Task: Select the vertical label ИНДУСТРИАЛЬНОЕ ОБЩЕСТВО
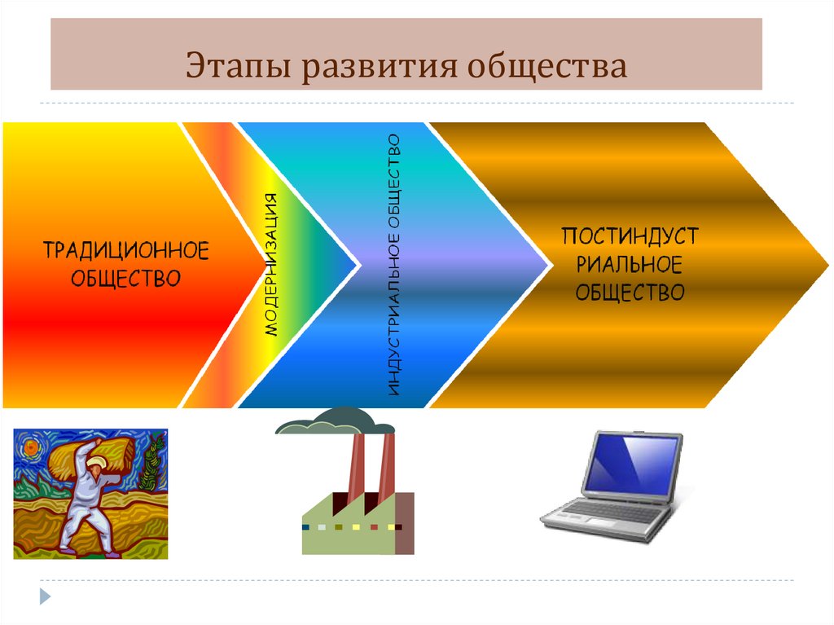coord(395,265)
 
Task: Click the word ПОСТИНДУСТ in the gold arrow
coord(630,237)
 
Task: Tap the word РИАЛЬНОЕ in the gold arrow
coord(630,264)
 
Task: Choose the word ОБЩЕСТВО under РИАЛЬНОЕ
coord(630,292)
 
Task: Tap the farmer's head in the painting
coord(95,466)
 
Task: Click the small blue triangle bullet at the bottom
coord(46,596)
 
